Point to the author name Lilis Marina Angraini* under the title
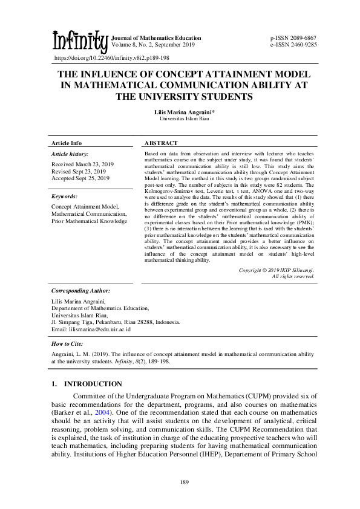pos(180,112)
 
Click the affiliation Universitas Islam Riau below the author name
pos(180,119)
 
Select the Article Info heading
pos(67,143)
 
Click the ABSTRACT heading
pos(161,143)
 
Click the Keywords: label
pos(64,196)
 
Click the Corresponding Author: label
pos(80,291)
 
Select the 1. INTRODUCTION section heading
pos(87,384)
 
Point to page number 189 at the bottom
pos(180,481)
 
